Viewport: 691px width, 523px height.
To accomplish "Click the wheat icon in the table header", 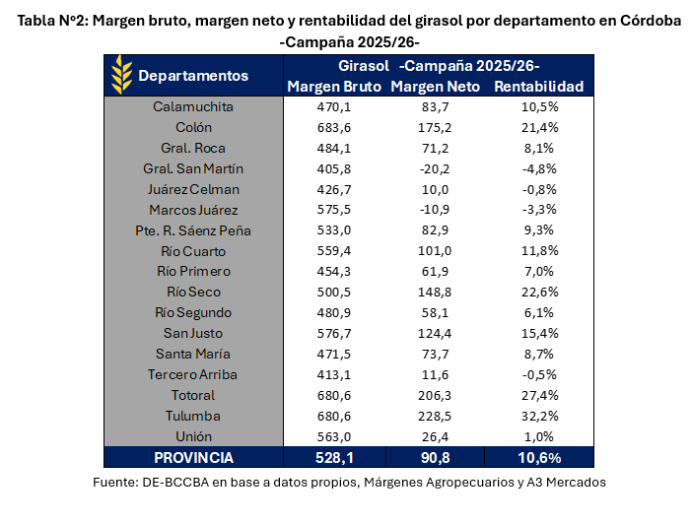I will pos(122,75).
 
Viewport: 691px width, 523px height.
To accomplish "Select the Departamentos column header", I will pos(193,76).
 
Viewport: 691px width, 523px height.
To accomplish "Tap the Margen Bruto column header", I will pos(334,87).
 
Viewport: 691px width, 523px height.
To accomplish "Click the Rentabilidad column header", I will pos(539,87).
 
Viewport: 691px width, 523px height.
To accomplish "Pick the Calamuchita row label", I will pos(193,106).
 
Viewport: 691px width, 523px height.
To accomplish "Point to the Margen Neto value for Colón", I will pos(435,127).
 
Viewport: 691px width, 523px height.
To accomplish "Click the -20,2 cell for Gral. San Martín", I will pos(435,168).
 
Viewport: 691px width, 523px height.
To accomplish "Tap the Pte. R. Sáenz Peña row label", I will pos(193,230).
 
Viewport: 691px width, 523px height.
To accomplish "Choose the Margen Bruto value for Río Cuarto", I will pos(334,251).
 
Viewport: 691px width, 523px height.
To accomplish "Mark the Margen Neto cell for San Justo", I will pos(435,334).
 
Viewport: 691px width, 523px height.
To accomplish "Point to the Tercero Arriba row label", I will pos(193,374).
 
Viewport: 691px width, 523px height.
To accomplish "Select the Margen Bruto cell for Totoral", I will pos(334,395).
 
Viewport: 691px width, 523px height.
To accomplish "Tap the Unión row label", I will pos(193,436).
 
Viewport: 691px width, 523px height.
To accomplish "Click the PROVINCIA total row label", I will pos(193,458).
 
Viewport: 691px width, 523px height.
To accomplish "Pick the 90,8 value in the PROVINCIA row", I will pos(435,458).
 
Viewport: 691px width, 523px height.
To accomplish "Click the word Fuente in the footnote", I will pos(115,483).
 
